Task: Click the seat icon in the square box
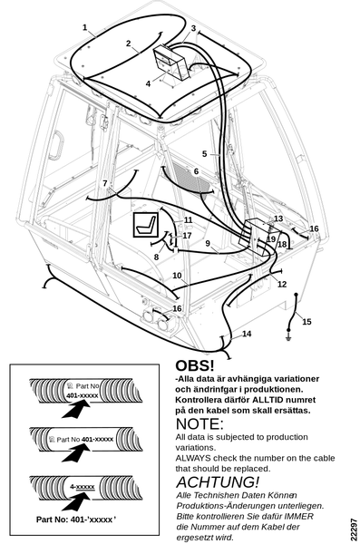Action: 146,225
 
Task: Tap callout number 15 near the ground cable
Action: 306,322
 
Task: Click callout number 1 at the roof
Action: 84,27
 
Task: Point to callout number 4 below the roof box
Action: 148,83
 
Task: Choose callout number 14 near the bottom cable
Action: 247,334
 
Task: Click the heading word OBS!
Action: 195,365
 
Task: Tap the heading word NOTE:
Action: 199,424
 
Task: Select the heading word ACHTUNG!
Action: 218,482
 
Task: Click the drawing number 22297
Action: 354,529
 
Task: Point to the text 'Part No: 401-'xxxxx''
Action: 76,520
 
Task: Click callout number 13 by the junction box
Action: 278,219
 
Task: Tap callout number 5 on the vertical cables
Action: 204,154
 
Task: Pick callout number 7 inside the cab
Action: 105,183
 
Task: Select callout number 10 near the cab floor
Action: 177,276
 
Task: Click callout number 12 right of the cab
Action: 282,284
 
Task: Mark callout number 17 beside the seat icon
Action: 187,236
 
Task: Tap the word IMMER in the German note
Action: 299,516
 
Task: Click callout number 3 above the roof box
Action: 194,28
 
